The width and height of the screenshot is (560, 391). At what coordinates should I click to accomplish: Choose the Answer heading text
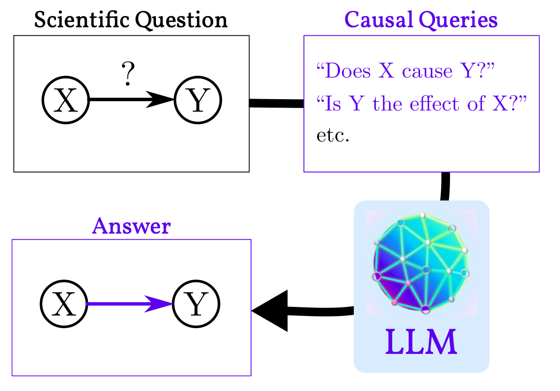131,227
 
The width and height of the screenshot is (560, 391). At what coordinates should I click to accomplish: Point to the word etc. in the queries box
333,136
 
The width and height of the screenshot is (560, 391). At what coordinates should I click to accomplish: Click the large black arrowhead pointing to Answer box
270,311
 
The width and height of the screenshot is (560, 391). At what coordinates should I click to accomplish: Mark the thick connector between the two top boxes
276,103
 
